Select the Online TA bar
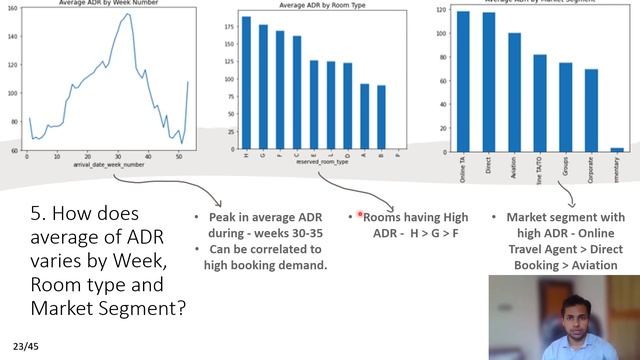point(463,80)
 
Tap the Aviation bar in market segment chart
point(514,91)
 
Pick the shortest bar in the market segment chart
point(617,149)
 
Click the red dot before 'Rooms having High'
point(359,215)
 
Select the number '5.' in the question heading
point(39,213)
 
